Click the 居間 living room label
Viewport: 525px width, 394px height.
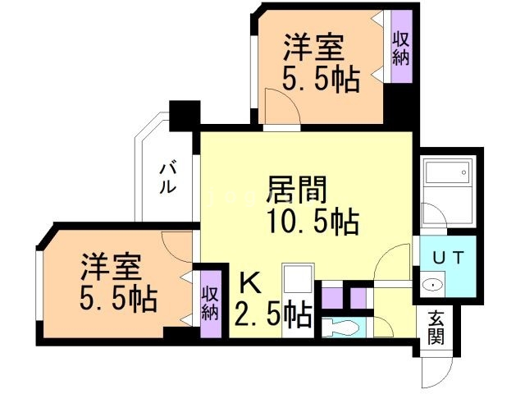(298, 190)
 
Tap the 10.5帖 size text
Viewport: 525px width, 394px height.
(313, 222)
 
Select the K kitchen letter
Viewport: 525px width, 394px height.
(250, 282)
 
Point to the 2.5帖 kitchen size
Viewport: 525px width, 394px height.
(273, 315)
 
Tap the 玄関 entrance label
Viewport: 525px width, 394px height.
(436, 327)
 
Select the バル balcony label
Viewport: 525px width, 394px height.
(167, 178)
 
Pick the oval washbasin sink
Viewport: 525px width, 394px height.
(432, 285)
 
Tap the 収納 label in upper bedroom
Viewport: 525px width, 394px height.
(401, 48)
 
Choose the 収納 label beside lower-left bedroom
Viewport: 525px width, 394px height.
(210, 303)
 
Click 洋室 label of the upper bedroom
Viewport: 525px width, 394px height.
(314, 48)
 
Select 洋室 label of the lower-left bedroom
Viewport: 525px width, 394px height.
(111, 267)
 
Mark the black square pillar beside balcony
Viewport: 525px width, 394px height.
(185, 116)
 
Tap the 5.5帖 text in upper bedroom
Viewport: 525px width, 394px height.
(321, 80)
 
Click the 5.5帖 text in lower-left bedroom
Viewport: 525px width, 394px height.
(118, 299)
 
